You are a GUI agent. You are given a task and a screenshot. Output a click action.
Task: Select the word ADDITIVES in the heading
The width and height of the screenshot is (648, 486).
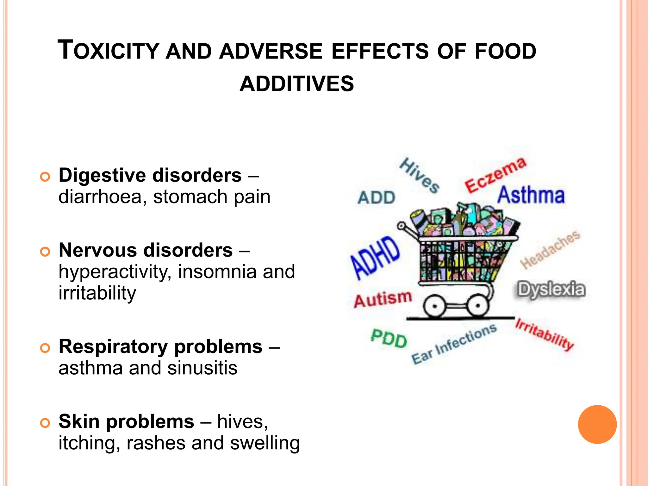coord(296,84)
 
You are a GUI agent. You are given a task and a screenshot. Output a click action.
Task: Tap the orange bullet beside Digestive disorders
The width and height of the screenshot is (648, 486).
coord(45,177)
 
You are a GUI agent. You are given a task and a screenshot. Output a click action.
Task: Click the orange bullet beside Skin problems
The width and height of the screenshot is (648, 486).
coord(45,423)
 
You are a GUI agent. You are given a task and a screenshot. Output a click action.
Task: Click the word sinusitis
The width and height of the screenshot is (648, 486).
coord(202,368)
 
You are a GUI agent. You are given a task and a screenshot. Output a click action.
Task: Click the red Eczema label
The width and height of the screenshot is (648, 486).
coord(495,175)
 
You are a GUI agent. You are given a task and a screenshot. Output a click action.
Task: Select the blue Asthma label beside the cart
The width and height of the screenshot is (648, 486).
coord(531,195)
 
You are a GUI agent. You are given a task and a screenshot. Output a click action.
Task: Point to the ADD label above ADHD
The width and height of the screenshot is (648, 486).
coord(377,198)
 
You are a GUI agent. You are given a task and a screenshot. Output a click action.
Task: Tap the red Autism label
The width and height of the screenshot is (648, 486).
coord(383,299)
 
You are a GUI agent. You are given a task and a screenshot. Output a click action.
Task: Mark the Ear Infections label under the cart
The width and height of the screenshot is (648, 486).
coord(454,344)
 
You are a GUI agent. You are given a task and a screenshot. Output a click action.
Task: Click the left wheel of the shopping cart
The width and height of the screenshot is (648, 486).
coord(434,306)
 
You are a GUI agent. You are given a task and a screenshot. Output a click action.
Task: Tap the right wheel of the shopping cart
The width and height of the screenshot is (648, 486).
coord(477,306)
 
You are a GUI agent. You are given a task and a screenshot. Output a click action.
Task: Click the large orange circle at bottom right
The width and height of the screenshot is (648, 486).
coord(597,424)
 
